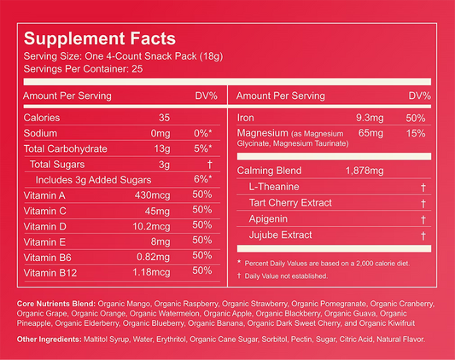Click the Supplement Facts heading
point(100,38)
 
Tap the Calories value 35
point(164,118)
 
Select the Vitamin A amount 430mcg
point(152,195)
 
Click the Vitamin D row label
point(45,226)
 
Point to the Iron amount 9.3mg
point(370,118)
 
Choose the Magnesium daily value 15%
point(416,133)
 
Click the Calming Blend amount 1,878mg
point(365,171)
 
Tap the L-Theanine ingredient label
point(274,187)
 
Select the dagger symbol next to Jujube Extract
point(423,235)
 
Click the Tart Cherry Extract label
point(290,202)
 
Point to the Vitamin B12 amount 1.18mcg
point(151,272)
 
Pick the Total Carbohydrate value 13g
point(162,148)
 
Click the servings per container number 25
point(137,69)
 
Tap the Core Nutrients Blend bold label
point(56,304)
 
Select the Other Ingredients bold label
point(49,340)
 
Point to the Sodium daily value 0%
point(202,133)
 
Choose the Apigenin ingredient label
point(268,218)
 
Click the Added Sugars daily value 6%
point(202,179)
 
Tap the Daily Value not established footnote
point(283,276)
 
